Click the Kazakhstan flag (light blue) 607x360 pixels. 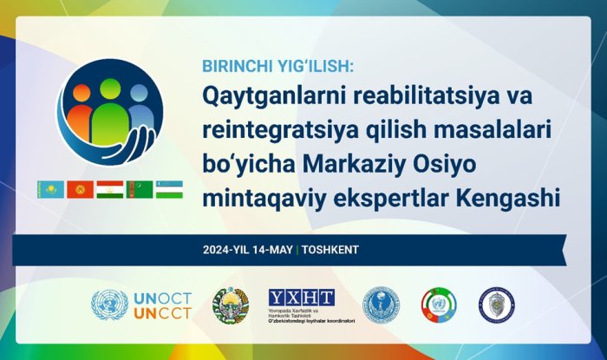point(49,188)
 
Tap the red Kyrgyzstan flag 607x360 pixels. point(80,188)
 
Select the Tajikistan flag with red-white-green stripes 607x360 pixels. point(109,188)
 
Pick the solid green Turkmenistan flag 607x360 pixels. point(139,188)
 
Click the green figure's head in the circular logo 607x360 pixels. point(110,88)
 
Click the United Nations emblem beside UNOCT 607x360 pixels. point(109,306)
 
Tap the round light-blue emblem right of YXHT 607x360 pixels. point(381,305)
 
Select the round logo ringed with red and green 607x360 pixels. point(439,305)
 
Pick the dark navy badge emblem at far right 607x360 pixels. point(496,305)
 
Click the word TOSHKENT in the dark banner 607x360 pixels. point(330,250)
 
